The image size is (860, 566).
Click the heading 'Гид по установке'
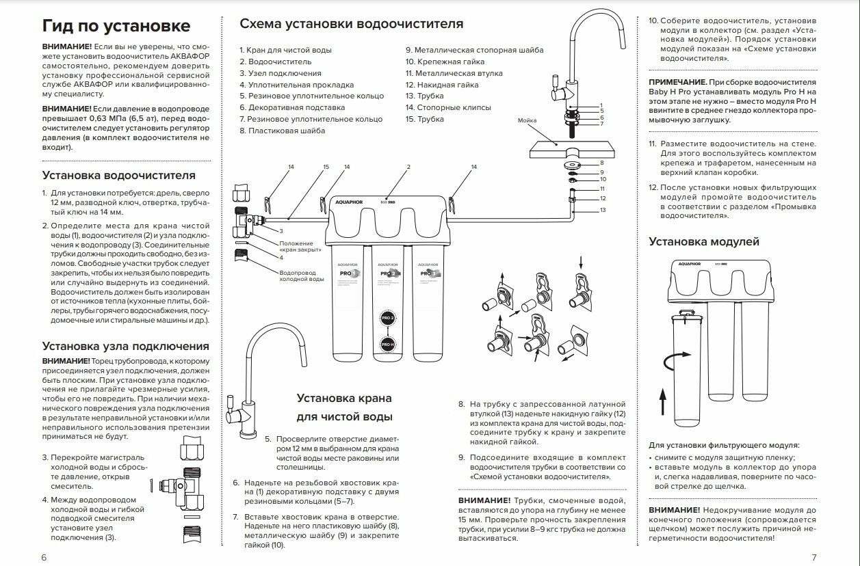tap(116, 26)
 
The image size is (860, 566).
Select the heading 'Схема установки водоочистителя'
tap(351, 24)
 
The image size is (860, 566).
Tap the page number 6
tap(44, 557)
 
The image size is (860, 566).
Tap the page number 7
tap(813, 557)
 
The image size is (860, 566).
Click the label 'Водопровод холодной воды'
tap(302, 275)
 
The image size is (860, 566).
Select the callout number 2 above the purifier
tap(408, 167)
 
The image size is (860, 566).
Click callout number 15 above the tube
tap(326, 167)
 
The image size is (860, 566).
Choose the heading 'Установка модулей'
tap(703, 241)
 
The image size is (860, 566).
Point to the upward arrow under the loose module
tap(663, 399)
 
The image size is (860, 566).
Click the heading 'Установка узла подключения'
tap(125, 346)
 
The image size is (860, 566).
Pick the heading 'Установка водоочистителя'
tap(118, 176)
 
